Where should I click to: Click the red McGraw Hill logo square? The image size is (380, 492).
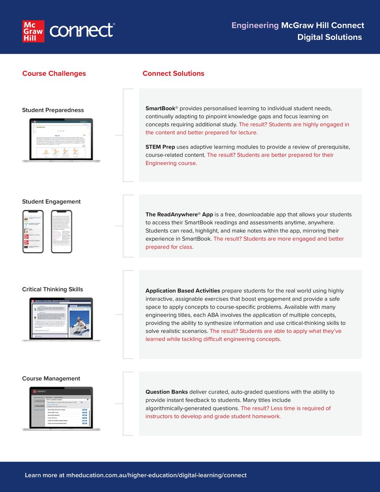[33, 31]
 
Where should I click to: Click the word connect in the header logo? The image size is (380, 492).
[81, 30]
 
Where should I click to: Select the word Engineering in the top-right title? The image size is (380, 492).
[255, 25]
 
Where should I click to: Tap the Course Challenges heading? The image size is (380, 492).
[54, 73]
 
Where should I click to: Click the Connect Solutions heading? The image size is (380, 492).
[173, 73]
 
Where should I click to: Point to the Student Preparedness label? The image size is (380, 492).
[53, 110]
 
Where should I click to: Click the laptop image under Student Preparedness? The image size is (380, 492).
[61, 140]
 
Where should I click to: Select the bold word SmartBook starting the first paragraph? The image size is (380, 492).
[160, 109]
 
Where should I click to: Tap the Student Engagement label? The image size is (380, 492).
[51, 202]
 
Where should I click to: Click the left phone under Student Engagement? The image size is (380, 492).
[33, 231]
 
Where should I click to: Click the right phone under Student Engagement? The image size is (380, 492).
[62, 231]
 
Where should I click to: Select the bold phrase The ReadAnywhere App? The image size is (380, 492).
[179, 215]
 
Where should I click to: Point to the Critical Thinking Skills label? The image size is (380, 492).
[52, 289]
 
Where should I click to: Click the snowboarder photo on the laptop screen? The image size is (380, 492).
[80, 321]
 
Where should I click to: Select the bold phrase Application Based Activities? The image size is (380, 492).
[182, 291]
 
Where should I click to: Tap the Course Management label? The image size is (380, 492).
[51, 378]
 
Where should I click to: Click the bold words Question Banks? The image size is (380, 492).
[166, 392]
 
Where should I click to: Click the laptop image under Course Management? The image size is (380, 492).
[61, 408]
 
